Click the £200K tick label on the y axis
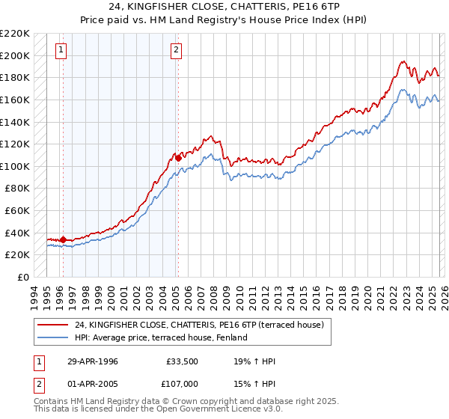tap(15, 55)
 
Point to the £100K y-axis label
tap(15, 166)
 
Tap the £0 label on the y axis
tap(22, 277)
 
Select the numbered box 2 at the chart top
tap(176, 51)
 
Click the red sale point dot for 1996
tap(63, 239)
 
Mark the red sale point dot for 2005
tap(178, 158)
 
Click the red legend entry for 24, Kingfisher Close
tap(199, 325)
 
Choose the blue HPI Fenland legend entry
tap(161, 337)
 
